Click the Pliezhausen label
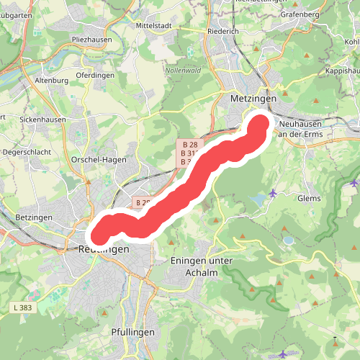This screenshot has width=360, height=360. coord(91,40)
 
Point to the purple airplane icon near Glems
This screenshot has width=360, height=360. coord(273,193)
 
